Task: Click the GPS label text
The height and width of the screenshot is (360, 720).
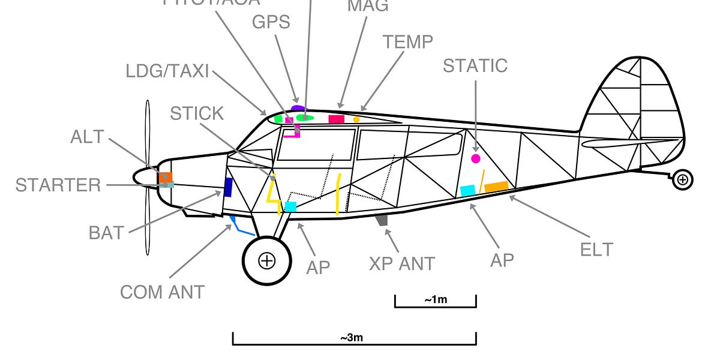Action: point(271,22)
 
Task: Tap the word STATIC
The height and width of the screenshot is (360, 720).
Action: point(475,65)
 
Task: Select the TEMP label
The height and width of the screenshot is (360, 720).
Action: point(408,42)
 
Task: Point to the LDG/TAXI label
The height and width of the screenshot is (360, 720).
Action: point(167,71)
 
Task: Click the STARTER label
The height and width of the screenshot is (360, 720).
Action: point(58,185)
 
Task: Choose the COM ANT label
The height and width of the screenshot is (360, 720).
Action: point(162,292)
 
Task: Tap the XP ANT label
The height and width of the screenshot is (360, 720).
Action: point(402,263)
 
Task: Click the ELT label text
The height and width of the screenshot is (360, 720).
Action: point(596,249)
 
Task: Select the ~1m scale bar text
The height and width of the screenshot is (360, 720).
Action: point(435,300)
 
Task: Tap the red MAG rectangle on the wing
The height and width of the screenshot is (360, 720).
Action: point(337,119)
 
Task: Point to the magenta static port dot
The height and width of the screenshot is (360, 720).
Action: point(476,158)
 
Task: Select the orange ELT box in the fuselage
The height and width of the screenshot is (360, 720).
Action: point(496,187)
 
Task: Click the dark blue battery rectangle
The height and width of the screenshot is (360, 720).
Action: point(228,187)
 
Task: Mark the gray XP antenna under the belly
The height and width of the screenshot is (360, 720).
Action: point(382,220)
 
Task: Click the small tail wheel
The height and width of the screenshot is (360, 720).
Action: point(683,179)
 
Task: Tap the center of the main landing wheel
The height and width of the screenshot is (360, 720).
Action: point(266,260)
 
